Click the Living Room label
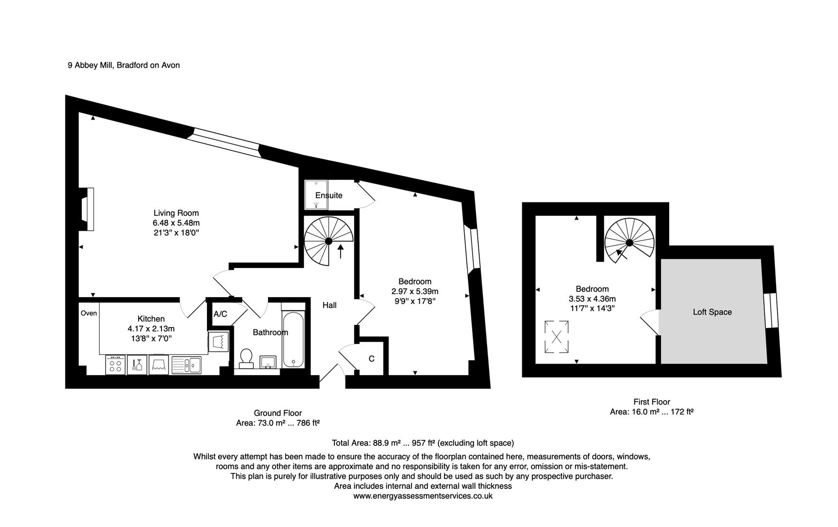[x=176, y=213]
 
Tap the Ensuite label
[x=328, y=195]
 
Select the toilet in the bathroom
[x=246, y=358]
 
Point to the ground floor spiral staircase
[x=328, y=241]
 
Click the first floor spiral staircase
[x=630, y=243]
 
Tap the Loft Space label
[x=712, y=312]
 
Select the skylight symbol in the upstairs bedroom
[x=556, y=336]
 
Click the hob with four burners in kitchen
[x=116, y=365]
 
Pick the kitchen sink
[x=186, y=365]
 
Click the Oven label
[x=89, y=313]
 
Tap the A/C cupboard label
[x=220, y=314]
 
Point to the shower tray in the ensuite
[x=316, y=195]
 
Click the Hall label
[x=329, y=305]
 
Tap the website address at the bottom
[x=423, y=496]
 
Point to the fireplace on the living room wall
[x=87, y=209]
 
